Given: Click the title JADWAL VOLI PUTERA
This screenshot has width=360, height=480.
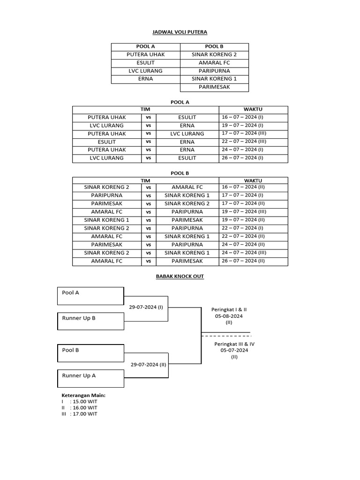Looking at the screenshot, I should coord(180,32).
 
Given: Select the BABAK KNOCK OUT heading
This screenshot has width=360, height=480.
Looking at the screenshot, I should coord(180,277).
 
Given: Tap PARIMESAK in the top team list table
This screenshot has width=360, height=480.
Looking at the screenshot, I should coord(214,87).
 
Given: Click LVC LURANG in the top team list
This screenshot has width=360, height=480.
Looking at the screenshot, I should coord(145,71).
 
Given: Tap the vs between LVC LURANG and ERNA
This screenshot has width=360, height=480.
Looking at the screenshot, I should coord(148,126).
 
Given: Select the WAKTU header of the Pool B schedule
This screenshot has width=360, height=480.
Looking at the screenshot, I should coord(253,180).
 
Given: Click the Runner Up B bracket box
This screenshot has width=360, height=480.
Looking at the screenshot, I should coord(90,321).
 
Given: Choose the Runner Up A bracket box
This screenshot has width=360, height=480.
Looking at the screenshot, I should coord(90,378).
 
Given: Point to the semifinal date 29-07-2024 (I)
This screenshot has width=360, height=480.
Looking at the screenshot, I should coord(146,307).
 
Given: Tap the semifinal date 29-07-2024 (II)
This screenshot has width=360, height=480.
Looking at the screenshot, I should coord(148,364).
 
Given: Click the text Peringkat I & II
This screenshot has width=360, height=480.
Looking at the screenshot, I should coord(229,310).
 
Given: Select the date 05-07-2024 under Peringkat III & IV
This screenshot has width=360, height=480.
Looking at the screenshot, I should coord(234,350).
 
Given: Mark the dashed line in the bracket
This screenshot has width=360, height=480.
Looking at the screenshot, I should coord(226,336).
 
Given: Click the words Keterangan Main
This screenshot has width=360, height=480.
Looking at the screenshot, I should coord(83,395).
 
